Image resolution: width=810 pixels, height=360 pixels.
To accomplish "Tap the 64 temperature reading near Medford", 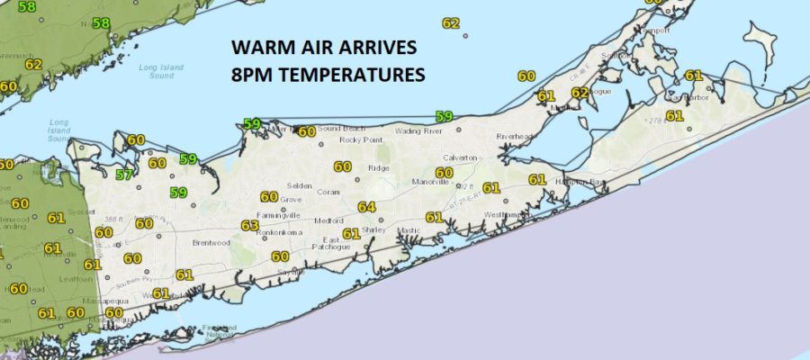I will coord(365,207).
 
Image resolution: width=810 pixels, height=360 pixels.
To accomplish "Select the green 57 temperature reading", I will coord(124,175).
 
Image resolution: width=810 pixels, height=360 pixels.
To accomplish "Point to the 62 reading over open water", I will coord(451,23).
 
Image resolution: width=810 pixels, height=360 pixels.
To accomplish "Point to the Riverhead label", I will coord(515,137).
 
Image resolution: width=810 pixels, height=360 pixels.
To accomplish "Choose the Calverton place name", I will coord(459,158).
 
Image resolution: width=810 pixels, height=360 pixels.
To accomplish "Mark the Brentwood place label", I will coord(211,243).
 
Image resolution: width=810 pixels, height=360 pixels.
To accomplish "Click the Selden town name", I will coord(300,185).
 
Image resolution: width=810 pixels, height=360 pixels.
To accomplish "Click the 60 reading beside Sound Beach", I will coord(307,131).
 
